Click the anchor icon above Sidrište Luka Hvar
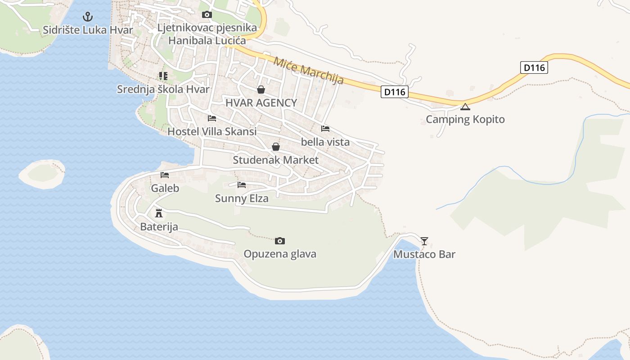click(x=88, y=17)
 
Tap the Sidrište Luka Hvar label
click(x=88, y=30)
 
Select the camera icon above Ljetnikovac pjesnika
click(x=207, y=15)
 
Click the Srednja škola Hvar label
click(x=163, y=89)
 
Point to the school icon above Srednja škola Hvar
click(x=163, y=76)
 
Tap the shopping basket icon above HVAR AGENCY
click(x=261, y=90)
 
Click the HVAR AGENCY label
click(x=261, y=103)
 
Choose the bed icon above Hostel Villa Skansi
click(x=212, y=118)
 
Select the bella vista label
click(x=325, y=142)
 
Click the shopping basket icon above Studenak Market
click(x=276, y=147)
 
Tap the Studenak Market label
click(x=275, y=160)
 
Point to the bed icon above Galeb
click(x=165, y=175)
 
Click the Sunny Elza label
click(x=242, y=198)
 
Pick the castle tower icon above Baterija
click(x=158, y=213)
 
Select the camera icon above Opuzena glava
click(x=280, y=241)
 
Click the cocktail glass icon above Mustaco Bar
click(x=424, y=241)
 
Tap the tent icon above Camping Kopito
click(x=465, y=107)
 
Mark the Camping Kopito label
click(x=465, y=119)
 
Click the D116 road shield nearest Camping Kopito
click(x=395, y=92)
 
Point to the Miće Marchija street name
click(x=309, y=71)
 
